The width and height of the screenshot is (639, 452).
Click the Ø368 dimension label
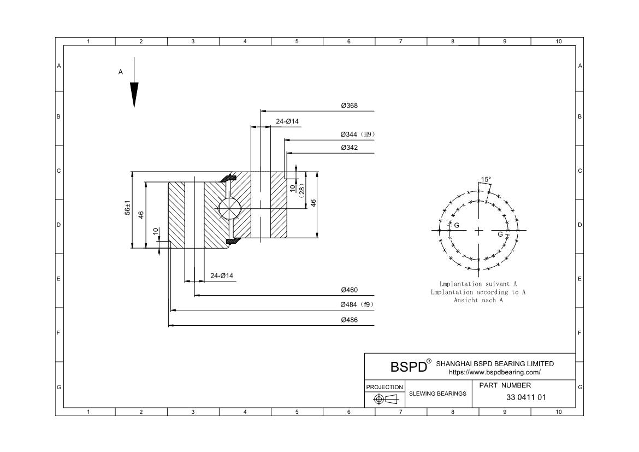[x=349, y=105]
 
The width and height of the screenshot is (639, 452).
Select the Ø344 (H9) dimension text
[x=358, y=134]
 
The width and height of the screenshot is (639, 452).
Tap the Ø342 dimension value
[x=349, y=148]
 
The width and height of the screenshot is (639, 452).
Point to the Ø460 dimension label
[x=349, y=290]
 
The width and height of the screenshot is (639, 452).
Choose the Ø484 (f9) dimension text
[x=357, y=304]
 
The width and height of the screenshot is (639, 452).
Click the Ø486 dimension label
[x=349, y=320]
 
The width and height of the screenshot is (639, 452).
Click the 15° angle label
[x=486, y=179]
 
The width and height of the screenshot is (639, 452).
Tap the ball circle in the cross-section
[x=229, y=208]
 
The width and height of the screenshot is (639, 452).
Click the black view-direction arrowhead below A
[x=134, y=94]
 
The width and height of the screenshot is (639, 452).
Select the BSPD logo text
[x=408, y=366]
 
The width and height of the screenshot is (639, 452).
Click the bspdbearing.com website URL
[x=494, y=372]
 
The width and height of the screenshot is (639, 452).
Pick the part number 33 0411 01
[x=526, y=397]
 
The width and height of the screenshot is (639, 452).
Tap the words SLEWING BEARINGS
[x=437, y=394]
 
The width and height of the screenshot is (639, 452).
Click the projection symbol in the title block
[x=384, y=400]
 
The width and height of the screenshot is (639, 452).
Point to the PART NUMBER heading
[x=505, y=385]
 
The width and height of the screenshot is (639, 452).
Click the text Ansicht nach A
[x=478, y=300]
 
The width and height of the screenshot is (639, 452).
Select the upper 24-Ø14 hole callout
[x=287, y=121]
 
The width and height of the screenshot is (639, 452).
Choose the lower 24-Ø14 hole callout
[x=222, y=275]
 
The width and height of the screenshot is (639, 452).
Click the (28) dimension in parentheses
[x=301, y=189]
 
